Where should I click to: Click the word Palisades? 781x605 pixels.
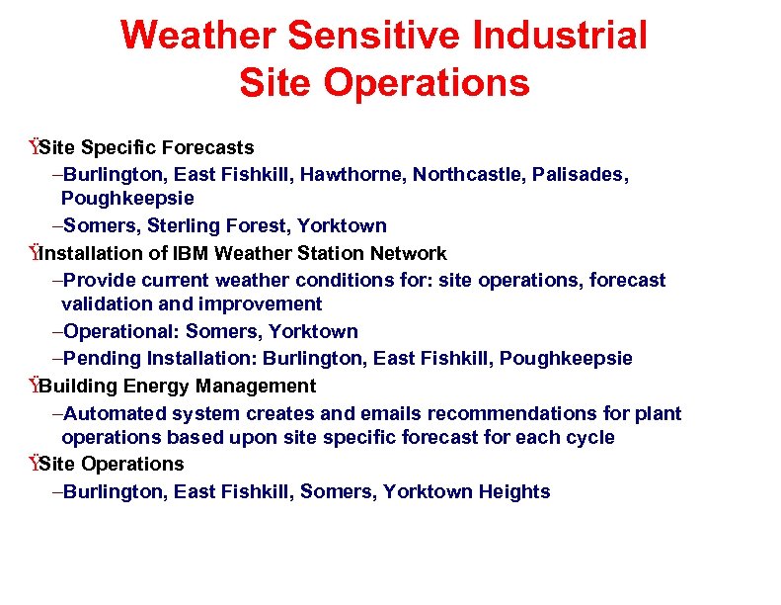tap(582, 174)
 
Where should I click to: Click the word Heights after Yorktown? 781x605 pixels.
tap(514, 491)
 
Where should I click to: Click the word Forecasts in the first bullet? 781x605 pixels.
tap(207, 147)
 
